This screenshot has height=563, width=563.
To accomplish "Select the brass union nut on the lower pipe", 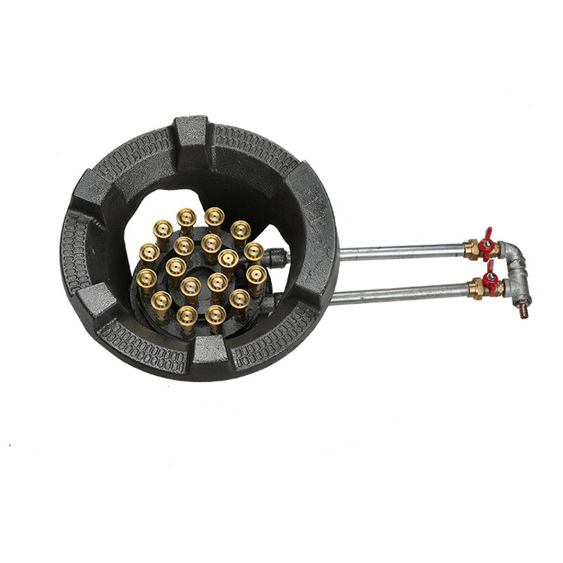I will (476, 288).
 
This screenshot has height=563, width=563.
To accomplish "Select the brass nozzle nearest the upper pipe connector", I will (254, 252).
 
